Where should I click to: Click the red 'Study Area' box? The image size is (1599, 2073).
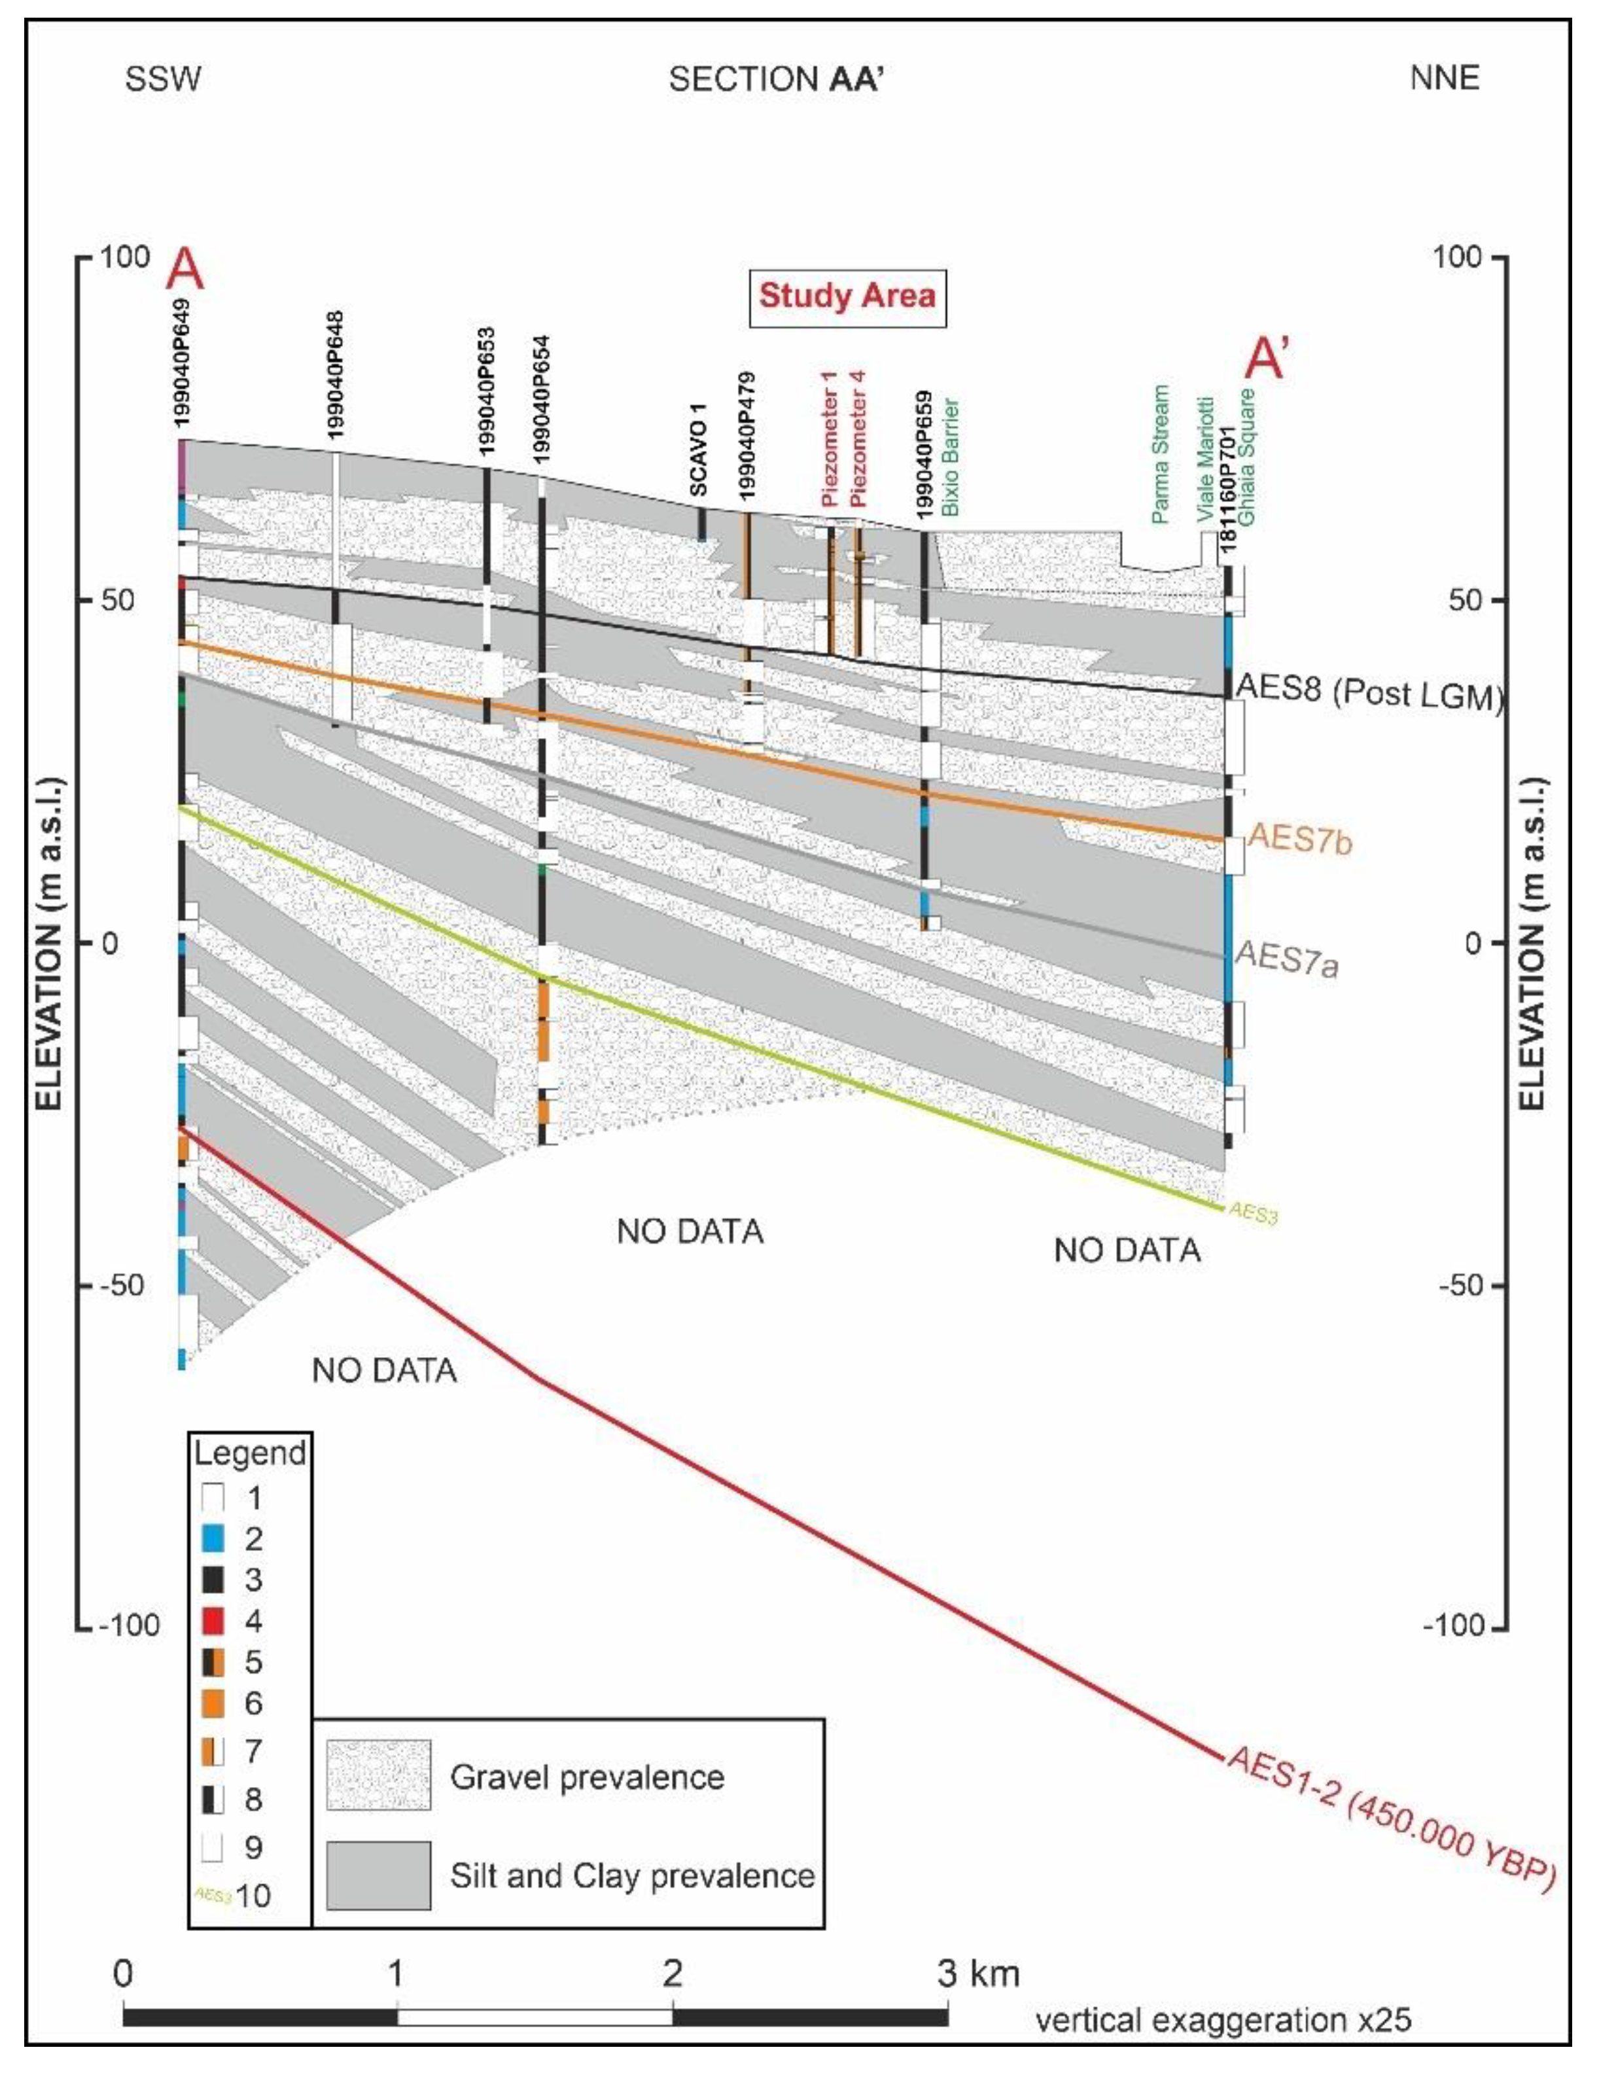coord(847,296)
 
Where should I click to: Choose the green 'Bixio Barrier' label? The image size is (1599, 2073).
coord(952,457)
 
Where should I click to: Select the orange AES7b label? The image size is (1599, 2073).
coord(1300,839)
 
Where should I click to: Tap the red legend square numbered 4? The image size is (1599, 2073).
coord(213,1621)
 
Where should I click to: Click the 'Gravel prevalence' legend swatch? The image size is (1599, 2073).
coord(379,1776)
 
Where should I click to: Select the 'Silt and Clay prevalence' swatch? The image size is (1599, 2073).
coord(379,1875)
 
